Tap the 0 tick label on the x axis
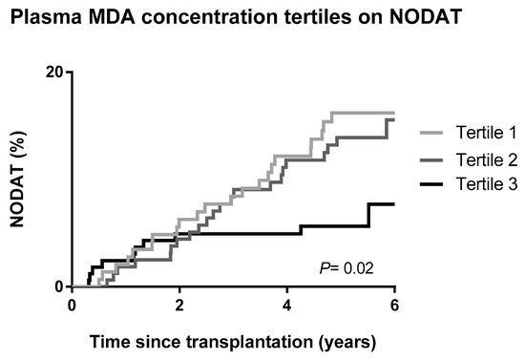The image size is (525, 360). [x=72, y=306]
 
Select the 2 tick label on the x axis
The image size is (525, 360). [x=179, y=306]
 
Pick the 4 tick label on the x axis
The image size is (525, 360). [x=286, y=306]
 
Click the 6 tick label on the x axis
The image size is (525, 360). [x=393, y=306]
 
